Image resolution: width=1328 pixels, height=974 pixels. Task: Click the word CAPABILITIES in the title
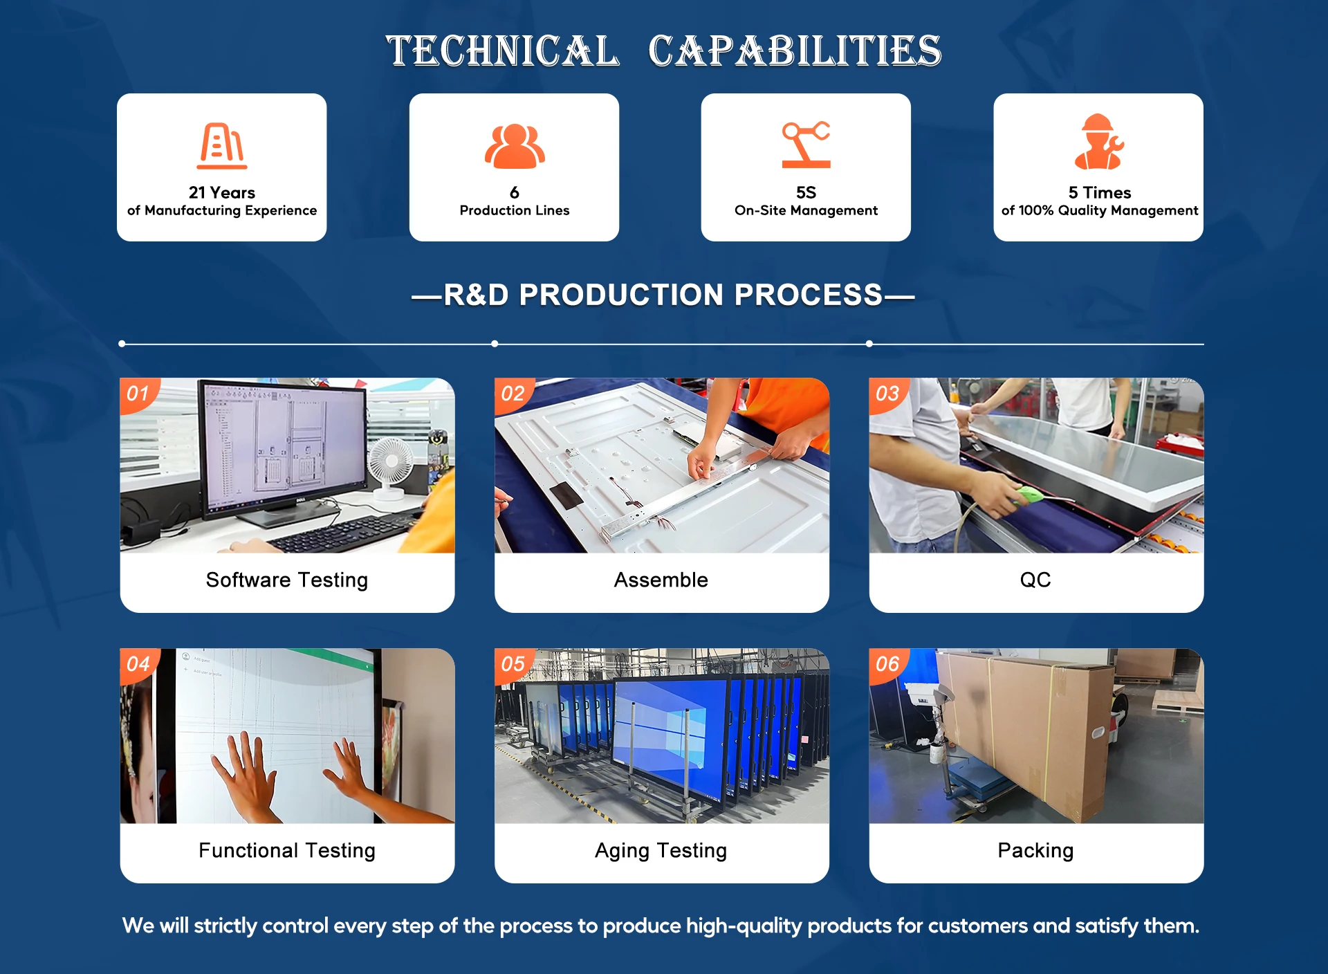[x=795, y=51]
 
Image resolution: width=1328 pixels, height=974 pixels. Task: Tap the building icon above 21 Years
[x=222, y=145]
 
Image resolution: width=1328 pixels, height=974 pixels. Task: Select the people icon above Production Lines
[x=515, y=146]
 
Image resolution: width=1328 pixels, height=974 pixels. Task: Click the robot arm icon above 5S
[x=806, y=144]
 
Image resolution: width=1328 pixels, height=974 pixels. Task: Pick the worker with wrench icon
[x=1098, y=142]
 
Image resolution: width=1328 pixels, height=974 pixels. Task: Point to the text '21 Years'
[x=222, y=192]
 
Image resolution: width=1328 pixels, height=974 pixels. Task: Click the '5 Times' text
[x=1100, y=192]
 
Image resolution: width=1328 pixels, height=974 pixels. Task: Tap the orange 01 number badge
[x=139, y=394]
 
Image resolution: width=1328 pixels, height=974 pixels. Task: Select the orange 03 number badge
[x=888, y=394]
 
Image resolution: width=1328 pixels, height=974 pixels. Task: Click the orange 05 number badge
[x=513, y=665]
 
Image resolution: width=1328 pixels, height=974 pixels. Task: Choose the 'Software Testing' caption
[x=287, y=580]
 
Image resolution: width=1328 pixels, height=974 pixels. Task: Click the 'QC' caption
[x=1035, y=580]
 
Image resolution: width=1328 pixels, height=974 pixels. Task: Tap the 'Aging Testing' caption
[x=661, y=850]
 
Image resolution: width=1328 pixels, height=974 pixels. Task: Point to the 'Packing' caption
[x=1035, y=850]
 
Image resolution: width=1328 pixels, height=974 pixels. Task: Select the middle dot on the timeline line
[x=495, y=344]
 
